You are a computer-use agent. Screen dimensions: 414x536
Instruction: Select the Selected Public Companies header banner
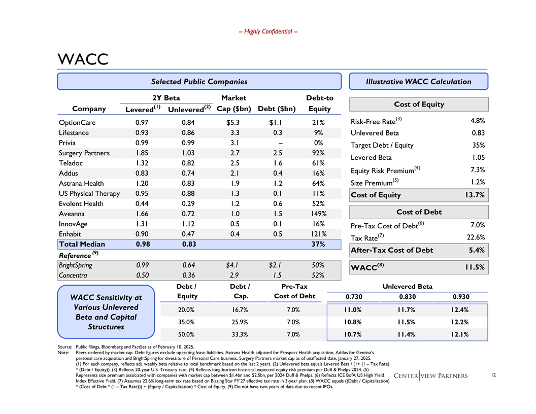click(199, 81)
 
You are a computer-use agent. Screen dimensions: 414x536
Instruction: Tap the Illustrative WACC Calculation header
click(419, 81)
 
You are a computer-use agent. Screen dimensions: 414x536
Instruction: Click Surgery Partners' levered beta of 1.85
click(142, 153)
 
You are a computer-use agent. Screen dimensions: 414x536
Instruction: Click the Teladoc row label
click(73, 163)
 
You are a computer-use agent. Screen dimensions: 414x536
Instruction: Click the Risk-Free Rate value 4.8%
click(476, 121)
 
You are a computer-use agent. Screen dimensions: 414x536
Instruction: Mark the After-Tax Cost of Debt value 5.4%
click(476, 250)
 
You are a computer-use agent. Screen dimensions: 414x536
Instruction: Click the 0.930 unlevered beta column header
click(460, 297)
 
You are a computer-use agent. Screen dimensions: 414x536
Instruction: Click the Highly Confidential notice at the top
click(267, 31)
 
